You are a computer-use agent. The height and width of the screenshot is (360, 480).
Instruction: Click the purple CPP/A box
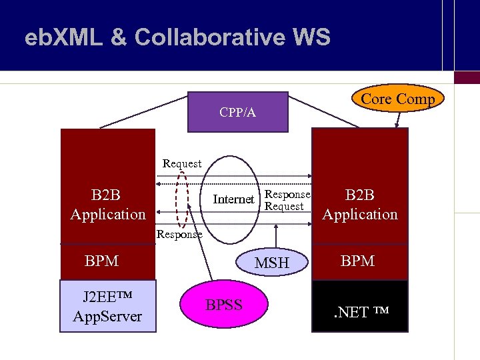(x=238, y=112)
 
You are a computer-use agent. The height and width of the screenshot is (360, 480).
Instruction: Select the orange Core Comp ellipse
(x=397, y=99)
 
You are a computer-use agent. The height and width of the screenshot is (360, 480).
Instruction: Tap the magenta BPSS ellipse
(x=224, y=305)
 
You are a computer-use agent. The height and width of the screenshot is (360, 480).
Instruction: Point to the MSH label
(x=273, y=263)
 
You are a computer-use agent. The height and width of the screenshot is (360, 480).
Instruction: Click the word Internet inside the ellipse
(x=233, y=199)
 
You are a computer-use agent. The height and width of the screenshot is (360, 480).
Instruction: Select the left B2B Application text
(x=107, y=205)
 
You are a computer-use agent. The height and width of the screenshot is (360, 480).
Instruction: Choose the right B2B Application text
(x=360, y=205)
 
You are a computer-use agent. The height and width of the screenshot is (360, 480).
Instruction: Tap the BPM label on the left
(x=101, y=261)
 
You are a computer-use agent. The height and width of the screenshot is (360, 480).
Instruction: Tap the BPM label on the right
(x=358, y=261)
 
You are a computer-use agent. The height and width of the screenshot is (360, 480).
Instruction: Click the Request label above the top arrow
(x=182, y=163)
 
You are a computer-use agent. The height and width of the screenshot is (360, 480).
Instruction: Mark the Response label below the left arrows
(x=179, y=235)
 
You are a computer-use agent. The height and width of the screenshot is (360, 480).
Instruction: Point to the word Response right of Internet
(x=287, y=195)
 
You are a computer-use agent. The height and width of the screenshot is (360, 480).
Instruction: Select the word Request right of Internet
(x=284, y=207)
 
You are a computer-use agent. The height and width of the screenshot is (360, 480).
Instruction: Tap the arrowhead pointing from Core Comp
(x=398, y=124)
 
